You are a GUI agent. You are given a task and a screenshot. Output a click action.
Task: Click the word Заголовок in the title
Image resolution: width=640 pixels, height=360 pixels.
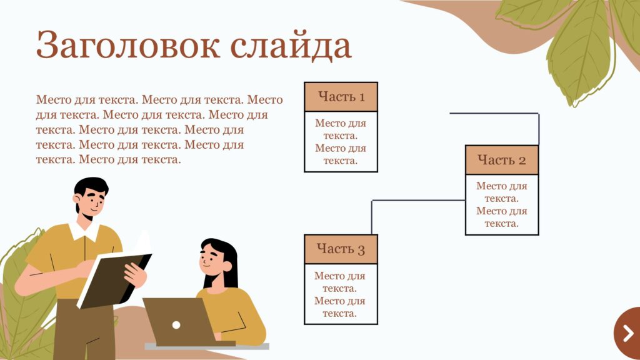point(127,45)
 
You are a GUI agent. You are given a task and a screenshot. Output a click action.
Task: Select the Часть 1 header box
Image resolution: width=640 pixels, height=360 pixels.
point(341,97)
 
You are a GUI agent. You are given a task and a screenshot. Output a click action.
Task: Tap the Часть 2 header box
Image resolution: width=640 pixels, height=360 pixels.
point(502,160)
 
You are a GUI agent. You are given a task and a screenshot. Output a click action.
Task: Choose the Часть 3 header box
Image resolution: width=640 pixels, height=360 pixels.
point(341,249)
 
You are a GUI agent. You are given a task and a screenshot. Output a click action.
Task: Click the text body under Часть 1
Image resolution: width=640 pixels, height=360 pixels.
point(341,142)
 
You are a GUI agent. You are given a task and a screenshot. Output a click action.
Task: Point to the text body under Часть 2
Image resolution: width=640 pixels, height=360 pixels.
point(502,204)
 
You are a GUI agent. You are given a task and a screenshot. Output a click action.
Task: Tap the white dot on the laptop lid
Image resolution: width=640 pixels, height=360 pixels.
point(176,325)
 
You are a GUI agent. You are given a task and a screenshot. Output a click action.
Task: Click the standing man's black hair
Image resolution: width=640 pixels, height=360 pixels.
point(91,187)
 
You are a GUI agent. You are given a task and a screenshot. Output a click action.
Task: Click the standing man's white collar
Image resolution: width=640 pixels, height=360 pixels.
point(84,231)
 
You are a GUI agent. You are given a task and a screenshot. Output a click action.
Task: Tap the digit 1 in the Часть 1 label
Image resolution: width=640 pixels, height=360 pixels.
point(361,97)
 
